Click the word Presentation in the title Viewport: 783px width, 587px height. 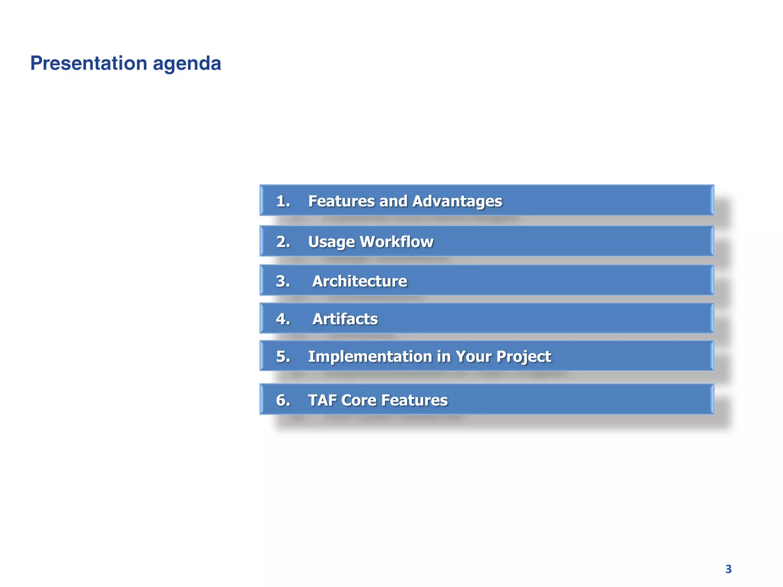click(x=89, y=63)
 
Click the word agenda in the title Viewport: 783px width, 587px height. click(x=187, y=64)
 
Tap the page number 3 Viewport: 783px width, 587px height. click(x=728, y=569)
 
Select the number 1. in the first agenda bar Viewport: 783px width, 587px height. click(x=283, y=201)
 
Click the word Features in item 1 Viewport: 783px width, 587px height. click(x=341, y=201)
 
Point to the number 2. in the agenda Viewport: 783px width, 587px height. click(x=283, y=242)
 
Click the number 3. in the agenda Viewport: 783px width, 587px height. click(x=283, y=281)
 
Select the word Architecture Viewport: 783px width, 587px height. click(x=360, y=281)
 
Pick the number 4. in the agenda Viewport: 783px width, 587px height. click(x=283, y=319)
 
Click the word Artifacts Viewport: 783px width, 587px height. click(x=345, y=319)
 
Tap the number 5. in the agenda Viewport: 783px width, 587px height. click(x=283, y=356)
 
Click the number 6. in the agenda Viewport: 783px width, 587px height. click(x=283, y=400)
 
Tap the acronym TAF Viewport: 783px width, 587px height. click(x=322, y=400)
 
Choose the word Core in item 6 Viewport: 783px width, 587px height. click(x=359, y=400)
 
